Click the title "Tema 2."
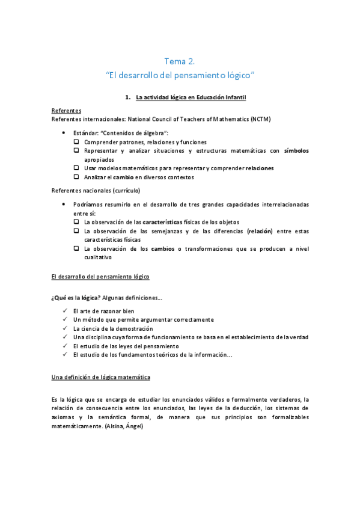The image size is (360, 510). pos(180,61)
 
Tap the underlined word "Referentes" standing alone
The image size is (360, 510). pos(66,111)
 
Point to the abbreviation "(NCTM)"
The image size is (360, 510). pos(260,119)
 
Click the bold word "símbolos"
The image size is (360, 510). pos(296,150)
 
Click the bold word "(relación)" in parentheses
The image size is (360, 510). pos(260,230)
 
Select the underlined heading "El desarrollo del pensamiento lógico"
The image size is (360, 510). pos(100,276)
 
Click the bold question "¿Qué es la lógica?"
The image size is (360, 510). pos(76,297)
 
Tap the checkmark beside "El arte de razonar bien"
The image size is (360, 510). pos(64,311)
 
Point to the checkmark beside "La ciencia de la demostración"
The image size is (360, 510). pos(64,329)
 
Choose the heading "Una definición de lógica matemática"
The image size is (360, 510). pos(100,376)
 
